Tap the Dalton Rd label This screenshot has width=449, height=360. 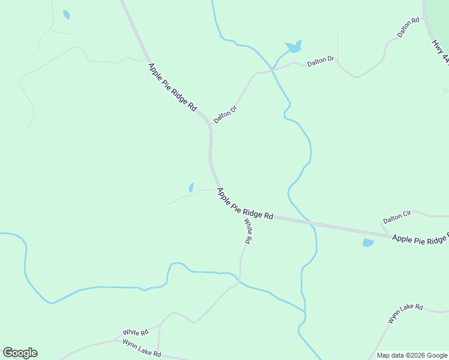coord(408,28)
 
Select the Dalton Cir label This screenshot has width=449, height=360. coord(397,217)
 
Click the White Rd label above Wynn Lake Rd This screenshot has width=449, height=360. coord(135,332)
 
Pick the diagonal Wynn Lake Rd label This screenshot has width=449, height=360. coord(405,314)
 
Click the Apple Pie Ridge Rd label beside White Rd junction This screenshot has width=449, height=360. coord(245,204)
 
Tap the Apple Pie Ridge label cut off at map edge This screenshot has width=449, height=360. coord(420,239)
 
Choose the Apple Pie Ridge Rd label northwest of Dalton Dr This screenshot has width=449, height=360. coord(172,87)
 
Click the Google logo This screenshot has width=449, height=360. coord(20,353)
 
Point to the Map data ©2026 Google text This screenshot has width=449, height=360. coord(412,355)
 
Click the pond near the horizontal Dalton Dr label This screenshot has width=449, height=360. coord(294,46)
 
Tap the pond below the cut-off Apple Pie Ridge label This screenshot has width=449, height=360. coord(368,243)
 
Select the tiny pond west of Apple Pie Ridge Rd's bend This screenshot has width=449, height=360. coord(191,187)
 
